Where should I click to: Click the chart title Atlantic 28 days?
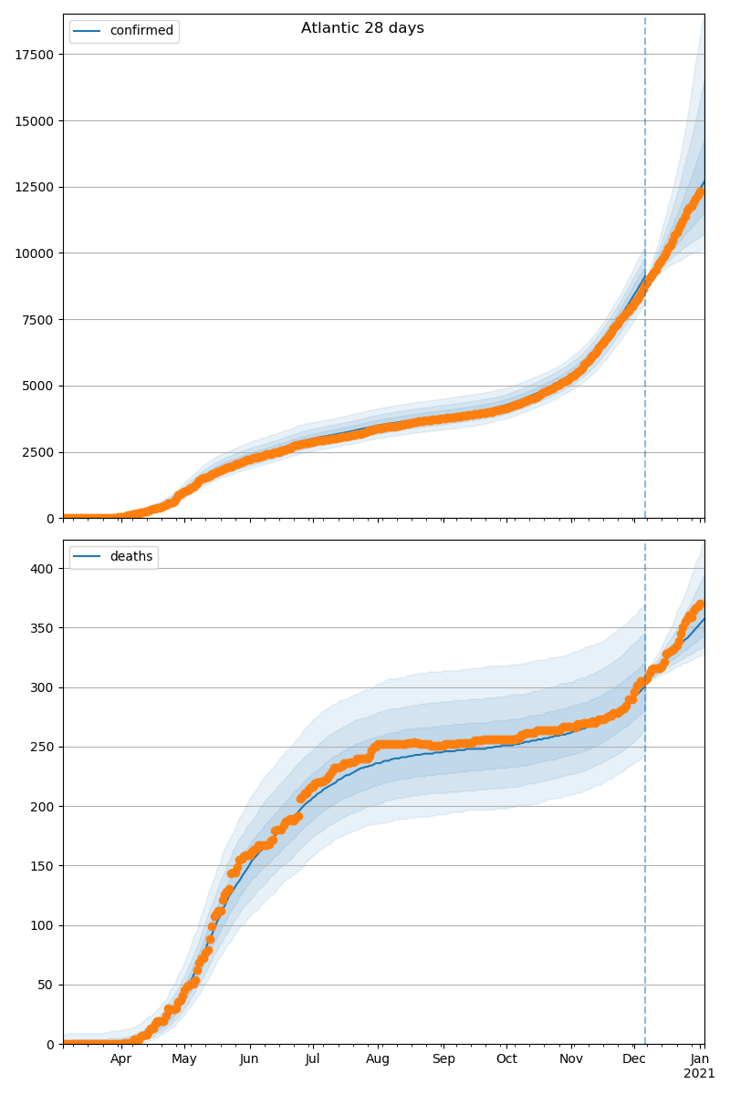(x=362, y=28)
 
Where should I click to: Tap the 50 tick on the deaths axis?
(x=47, y=986)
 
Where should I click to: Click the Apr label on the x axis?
(x=121, y=1059)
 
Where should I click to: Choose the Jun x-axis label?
(x=249, y=1059)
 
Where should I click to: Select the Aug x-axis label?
(x=378, y=1059)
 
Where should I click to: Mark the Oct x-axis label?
(x=506, y=1059)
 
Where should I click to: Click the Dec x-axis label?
(x=634, y=1059)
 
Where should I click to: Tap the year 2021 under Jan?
(x=700, y=1074)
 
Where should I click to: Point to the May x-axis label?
(x=184, y=1059)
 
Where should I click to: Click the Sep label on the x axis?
(x=443, y=1059)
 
